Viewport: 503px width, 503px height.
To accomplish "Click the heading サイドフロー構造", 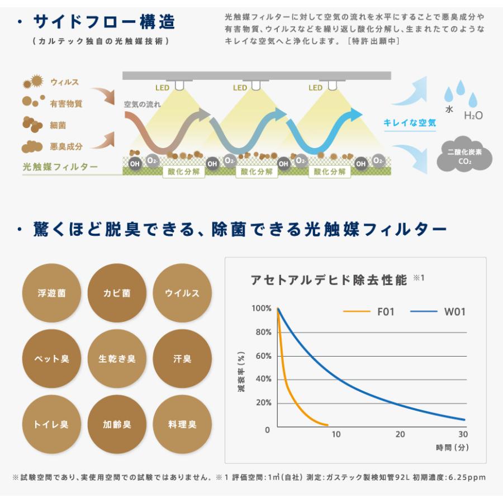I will (x=103, y=22).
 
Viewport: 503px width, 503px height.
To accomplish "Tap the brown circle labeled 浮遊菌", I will (x=51, y=293).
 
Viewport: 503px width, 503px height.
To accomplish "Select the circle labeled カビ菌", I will (x=117, y=293).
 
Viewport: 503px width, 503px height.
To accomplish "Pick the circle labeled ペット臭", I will (x=51, y=359).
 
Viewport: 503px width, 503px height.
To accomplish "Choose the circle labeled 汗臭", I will (x=182, y=359).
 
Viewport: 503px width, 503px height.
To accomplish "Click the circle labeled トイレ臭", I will (x=51, y=424).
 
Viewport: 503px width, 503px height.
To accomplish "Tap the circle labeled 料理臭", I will (x=182, y=424).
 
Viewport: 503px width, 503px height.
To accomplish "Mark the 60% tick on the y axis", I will (x=262, y=355).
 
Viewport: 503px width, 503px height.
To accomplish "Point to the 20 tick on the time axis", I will (x=400, y=434).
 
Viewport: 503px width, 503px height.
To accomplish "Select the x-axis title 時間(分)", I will (x=452, y=448).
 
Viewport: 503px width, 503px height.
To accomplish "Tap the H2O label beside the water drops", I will (x=473, y=116).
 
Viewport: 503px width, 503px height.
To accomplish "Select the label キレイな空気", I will (x=409, y=123).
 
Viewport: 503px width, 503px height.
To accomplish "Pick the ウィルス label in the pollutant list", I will (x=64, y=83).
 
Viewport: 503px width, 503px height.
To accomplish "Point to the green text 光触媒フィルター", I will (x=60, y=167).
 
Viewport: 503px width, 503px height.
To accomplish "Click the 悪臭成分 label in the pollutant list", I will (x=66, y=146).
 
